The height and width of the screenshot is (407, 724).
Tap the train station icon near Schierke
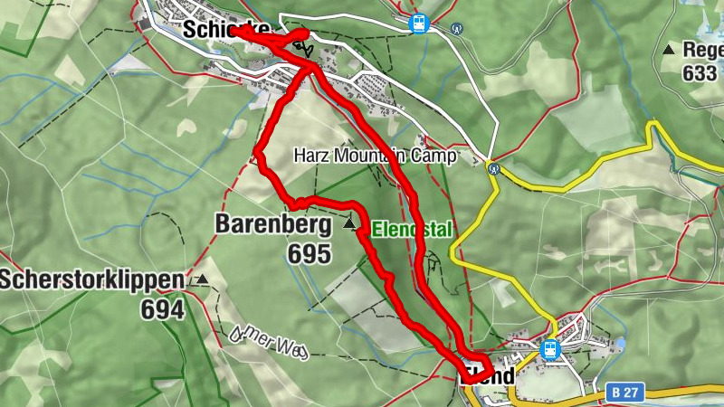418,24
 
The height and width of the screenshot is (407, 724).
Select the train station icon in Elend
548,348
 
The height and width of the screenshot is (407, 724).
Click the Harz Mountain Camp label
375,156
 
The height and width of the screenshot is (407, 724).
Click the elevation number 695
310,254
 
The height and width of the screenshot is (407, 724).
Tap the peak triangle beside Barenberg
349,222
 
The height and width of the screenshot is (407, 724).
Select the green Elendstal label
411,229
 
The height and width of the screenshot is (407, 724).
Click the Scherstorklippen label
91,280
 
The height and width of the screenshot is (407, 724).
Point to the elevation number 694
162,310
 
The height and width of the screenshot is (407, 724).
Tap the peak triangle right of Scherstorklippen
202,280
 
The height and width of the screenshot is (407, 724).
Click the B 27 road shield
620,393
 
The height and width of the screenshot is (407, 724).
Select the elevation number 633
700,73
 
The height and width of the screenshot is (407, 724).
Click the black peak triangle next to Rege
668,50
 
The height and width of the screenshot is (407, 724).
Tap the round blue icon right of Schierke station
457,28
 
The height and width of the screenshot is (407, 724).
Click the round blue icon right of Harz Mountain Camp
493,167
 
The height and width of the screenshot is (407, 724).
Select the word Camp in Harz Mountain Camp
435,156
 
